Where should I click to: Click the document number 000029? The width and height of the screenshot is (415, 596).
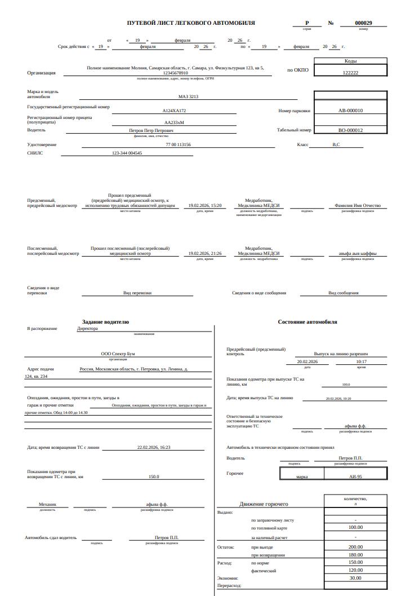363,23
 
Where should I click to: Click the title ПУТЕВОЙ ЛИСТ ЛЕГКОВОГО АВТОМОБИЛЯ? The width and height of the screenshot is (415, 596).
191,23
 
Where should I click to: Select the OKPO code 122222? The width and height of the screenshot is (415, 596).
350,73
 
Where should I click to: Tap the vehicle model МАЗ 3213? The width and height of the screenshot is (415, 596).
188,96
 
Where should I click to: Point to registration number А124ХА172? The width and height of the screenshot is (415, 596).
174,111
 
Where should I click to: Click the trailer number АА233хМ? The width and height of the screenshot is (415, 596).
174,122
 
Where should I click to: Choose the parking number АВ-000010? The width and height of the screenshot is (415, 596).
350,111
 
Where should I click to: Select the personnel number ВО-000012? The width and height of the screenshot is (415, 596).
350,130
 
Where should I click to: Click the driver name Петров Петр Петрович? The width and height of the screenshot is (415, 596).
151,130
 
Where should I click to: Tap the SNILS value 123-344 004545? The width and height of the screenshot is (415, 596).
127,153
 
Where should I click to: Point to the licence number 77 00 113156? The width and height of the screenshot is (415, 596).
178,145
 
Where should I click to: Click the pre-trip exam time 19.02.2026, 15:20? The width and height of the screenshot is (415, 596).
205,206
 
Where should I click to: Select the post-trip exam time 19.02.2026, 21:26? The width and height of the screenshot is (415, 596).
205,254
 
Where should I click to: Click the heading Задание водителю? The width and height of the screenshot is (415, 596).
105,322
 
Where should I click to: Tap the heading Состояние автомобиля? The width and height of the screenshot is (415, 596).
307,322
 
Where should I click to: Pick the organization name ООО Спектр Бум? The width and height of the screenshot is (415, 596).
118,354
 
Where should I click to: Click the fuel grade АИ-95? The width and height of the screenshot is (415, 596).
355,476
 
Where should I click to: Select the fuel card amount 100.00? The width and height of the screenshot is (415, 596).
355,527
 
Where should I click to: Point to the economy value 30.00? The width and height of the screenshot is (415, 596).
355,578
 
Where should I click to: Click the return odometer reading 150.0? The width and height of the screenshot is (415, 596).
154,476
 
